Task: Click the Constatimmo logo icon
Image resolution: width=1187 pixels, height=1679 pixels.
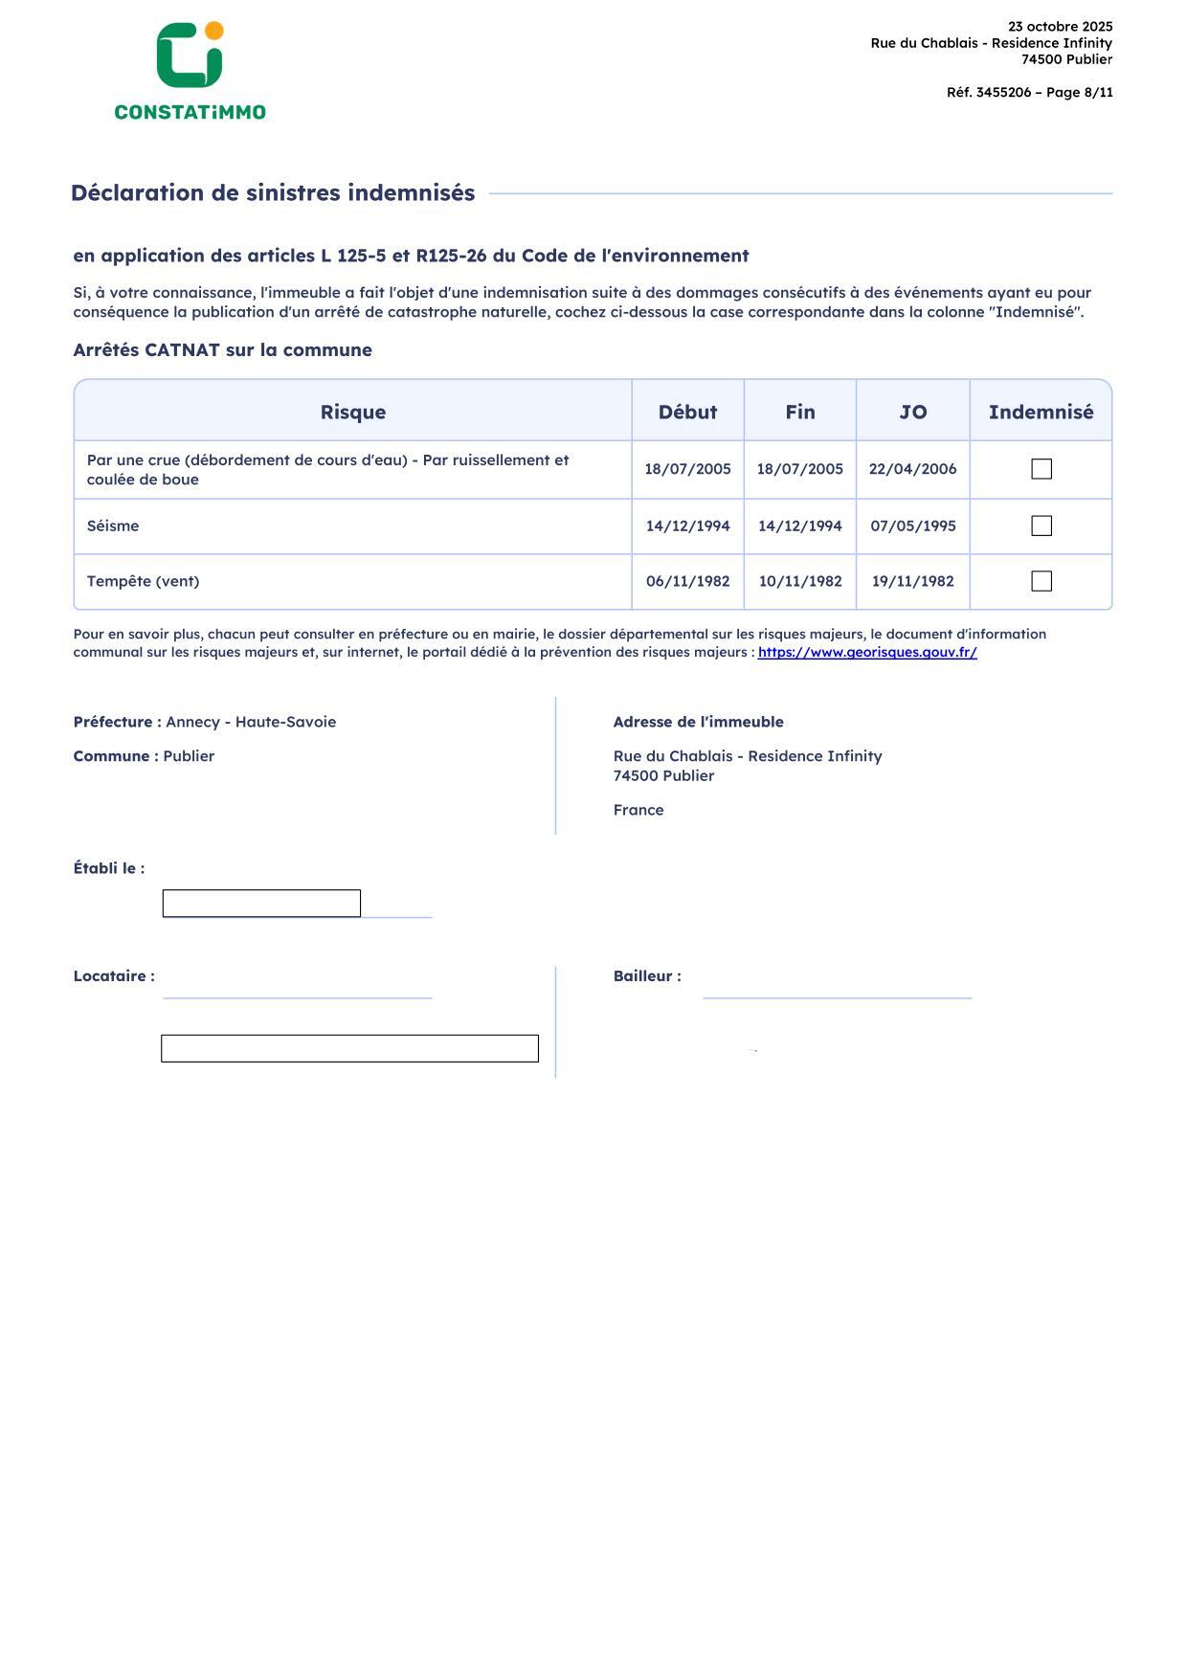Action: click(x=190, y=56)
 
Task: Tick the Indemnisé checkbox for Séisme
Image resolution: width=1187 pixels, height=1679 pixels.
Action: click(x=1041, y=526)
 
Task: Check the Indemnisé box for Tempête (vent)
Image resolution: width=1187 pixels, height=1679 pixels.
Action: click(x=1041, y=581)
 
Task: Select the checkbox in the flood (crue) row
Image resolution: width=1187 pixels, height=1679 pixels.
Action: click(x=1041, y=469)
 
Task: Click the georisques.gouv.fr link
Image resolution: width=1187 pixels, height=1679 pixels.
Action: click(x=867, y=653)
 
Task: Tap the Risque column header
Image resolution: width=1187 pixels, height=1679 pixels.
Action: click(x=352, y=412)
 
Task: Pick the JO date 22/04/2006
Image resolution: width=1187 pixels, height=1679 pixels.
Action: click(x=912, y=469)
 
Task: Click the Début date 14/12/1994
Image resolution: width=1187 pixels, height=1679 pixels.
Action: click(x=687, y=526)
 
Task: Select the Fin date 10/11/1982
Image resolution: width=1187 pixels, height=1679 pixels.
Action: click(x=800, y=581)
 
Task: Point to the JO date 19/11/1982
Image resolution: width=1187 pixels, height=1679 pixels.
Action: click(x=912, y=581)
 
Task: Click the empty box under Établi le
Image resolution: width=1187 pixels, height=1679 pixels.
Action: click(x=261, y=903)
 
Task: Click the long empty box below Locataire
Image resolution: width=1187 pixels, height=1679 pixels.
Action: click(x=349, y=1048)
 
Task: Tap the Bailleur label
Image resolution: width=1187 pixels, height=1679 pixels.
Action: click(x=647, y=976)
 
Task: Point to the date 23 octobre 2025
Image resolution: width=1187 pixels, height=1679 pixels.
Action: click(x=1060, y=27)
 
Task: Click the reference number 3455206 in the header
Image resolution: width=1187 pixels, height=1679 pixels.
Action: click(x=1003, y=93)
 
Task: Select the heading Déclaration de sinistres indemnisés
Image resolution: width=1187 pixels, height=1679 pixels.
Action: click(x=273, y=193)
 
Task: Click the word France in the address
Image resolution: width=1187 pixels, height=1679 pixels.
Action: click(x=638, y=810)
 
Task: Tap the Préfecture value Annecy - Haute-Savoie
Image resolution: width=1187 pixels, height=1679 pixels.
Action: click(x=251, y=722)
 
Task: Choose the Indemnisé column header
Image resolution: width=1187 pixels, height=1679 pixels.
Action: click(x=1041, y=412)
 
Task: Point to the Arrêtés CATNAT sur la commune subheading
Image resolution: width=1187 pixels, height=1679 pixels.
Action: click(x=222, y=350)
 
